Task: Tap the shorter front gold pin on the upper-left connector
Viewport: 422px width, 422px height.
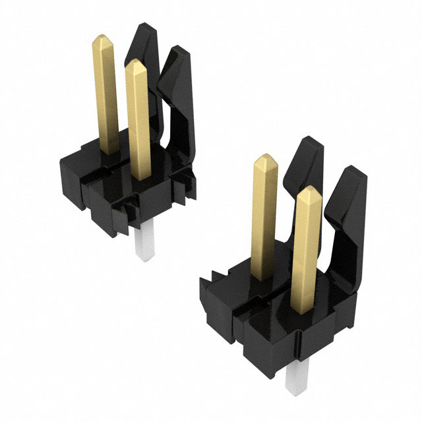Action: click(137, 119)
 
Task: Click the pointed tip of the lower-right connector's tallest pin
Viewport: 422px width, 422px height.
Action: click(265, 159)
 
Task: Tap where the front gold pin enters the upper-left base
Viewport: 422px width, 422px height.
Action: click(138, 176)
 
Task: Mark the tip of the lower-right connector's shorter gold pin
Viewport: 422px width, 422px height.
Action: click(309, 191)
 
